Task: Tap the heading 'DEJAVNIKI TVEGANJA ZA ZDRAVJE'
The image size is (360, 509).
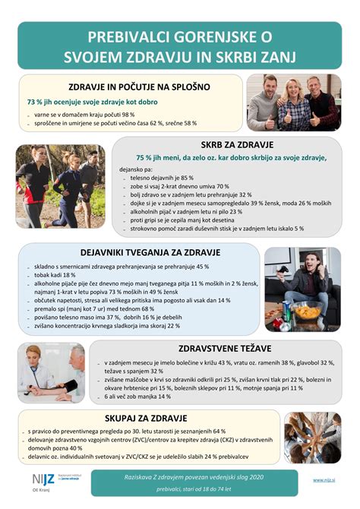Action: [x=139, y=252]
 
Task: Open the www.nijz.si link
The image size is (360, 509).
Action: [x=325, y=479]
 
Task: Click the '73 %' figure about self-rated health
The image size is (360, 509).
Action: [x=36, y=102]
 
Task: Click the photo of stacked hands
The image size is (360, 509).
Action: [x=312, y=438]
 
